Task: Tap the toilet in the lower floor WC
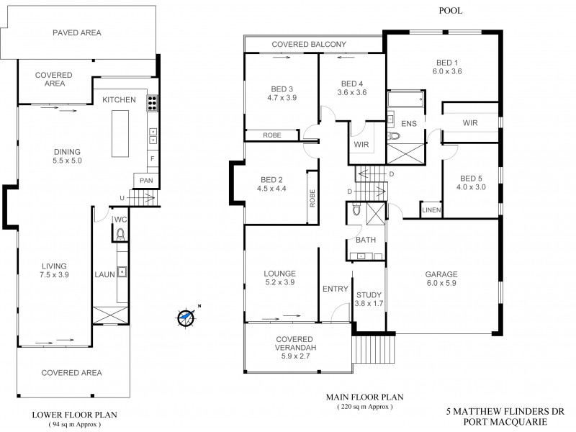(121, 233)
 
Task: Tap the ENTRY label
(335, 289)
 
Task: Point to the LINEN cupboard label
(431, 210)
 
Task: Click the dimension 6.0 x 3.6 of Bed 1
(446, 71)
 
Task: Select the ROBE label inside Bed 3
(271, 135)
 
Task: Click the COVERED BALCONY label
(309, 45)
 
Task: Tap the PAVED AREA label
(76, 32)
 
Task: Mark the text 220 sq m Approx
(365, 406)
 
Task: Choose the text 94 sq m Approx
(76, 424)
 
